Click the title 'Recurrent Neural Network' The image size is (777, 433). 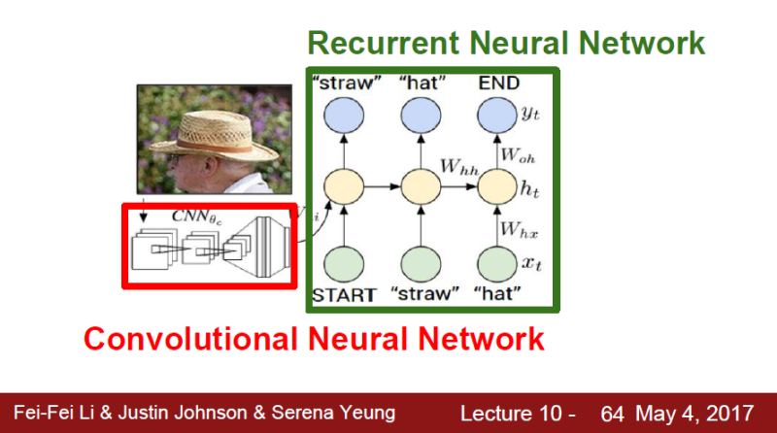[505, 43]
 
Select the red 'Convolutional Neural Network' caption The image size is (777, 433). [313, 339]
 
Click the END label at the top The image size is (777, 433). [497, 83]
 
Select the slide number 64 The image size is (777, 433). [612, 414]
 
